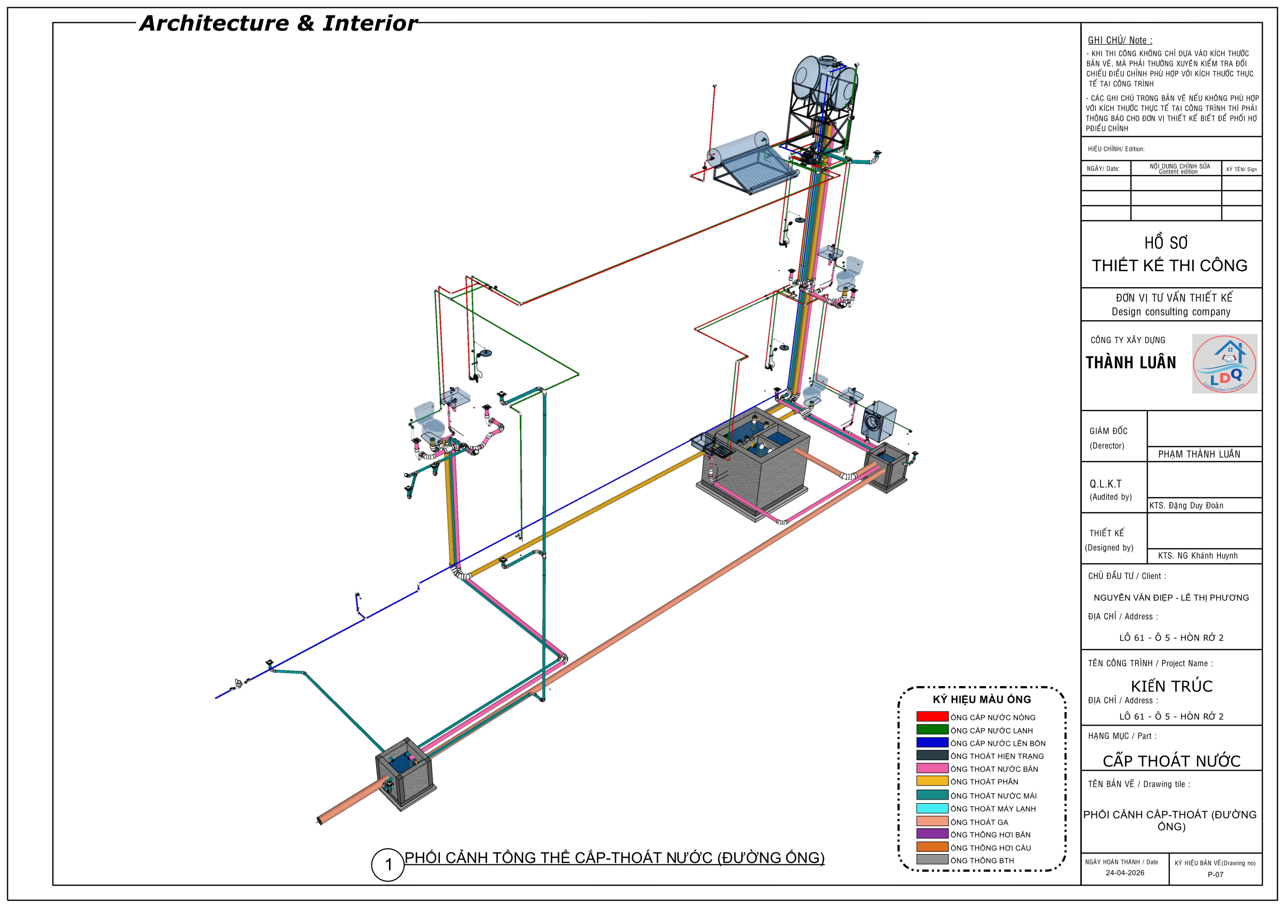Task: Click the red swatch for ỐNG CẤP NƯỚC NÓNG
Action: [x=932, y=716]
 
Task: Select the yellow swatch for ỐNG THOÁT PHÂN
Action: [x=932, y=781]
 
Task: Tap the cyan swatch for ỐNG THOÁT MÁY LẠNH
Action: [x=932, y=808]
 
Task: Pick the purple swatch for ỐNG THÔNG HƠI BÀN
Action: [x=932, y=834]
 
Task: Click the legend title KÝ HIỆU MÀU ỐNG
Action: [x=982, y=699]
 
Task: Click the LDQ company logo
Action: [x=1224, y=364]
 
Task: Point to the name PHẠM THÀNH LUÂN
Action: [x=1200, y=454]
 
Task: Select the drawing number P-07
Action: [x=1216, y=874]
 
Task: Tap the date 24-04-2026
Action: [x=1125, y=873]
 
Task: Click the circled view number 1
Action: [x=388, y=865]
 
